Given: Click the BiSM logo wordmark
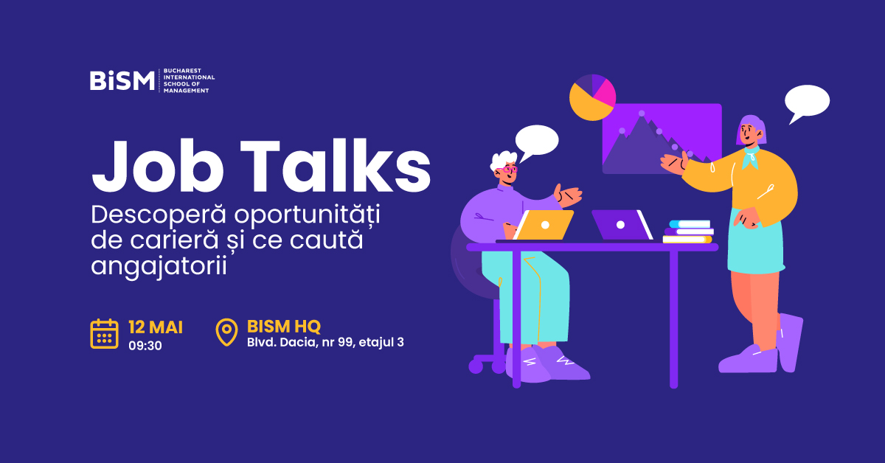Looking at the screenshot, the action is pyautogui.click(x=122, y=80).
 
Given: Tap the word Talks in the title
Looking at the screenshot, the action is pyautogui.click(x=336, y=165).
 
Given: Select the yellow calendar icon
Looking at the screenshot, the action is pyautogui.click(x=104, y=334).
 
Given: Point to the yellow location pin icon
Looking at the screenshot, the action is pyautogui.click(x=226, y=332).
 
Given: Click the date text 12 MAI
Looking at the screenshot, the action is pyautogui.click(x=156, y=327).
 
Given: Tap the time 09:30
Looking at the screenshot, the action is pyautogui.click(x=145, y=346).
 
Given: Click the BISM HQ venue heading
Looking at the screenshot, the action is pyautogui.click(x=284, y=327).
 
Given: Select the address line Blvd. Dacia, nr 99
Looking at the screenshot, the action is pyautogui.click(x=300, y=342).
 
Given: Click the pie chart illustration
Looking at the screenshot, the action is pyautogui.click(x=592, y=97).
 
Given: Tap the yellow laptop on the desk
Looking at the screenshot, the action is pyautogui.click(x=544, y=225).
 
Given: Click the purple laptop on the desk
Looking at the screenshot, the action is pyautogui.click(x=622, y=225).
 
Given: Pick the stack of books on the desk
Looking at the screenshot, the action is pyautogui.click(x=688, y=231).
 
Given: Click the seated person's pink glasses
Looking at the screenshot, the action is pyautogui.click(x=507, y=170).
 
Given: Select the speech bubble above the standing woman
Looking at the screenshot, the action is pyautogui.click(x=806, y=103).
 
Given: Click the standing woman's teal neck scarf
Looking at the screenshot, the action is pyautogui.click(x=751, y=157).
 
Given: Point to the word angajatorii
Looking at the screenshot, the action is pyautogui.click(x=159, y=267).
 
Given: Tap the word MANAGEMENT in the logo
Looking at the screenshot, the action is pyautogui.click(x=186, y=91).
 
